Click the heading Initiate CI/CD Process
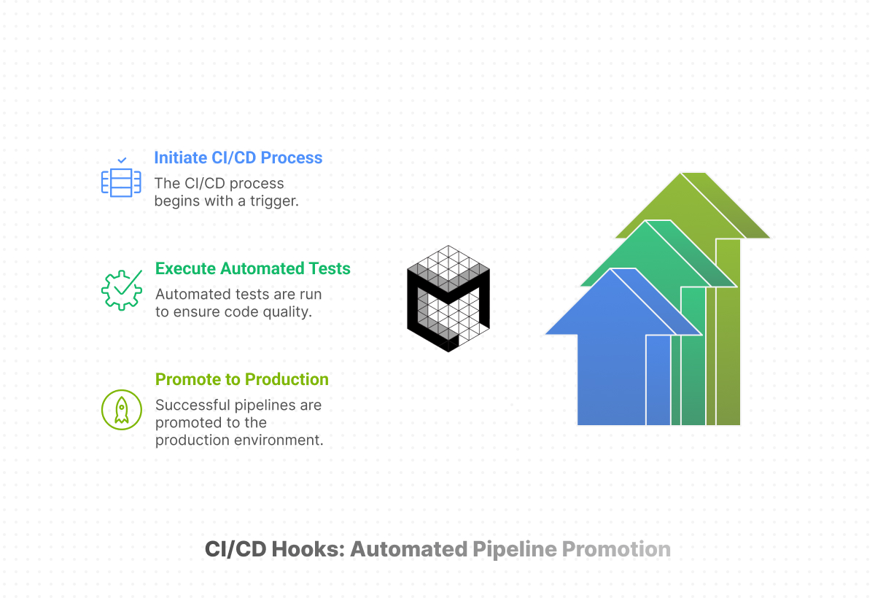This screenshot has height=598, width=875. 238,158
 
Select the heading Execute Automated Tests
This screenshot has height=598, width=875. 252,268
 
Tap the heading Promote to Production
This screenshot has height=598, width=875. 241,379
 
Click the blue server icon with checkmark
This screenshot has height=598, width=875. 120,182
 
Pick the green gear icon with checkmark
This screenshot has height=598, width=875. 121,290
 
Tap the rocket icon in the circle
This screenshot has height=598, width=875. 121,409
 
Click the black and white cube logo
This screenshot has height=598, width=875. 448,298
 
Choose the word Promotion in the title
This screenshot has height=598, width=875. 616,549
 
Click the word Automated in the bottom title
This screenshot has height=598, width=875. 408,549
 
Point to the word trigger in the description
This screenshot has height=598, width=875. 274,201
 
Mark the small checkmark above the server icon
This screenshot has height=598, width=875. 121,159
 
